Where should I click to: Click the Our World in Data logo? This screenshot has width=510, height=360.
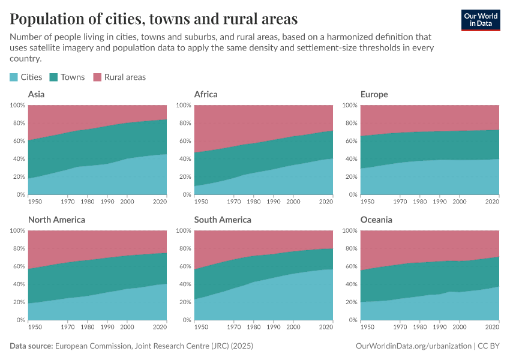click(481, 19)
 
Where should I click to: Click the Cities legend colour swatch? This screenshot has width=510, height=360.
click(14, 77)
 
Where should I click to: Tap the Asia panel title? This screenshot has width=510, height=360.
click(36, 94)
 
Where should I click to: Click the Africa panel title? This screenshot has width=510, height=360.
click(206, 94)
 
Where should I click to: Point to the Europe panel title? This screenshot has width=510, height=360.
click(374, 94)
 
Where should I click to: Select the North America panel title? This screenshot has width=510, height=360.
click(56, 220)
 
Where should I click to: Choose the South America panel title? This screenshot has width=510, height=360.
click(223, 220)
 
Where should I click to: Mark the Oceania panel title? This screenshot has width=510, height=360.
click(376, 220)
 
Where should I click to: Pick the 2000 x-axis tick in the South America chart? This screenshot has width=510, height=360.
click(293, 328)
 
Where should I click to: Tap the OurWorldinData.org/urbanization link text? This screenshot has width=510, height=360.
click(412, 346)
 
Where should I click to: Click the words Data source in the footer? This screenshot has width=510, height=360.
click(31, 346)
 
